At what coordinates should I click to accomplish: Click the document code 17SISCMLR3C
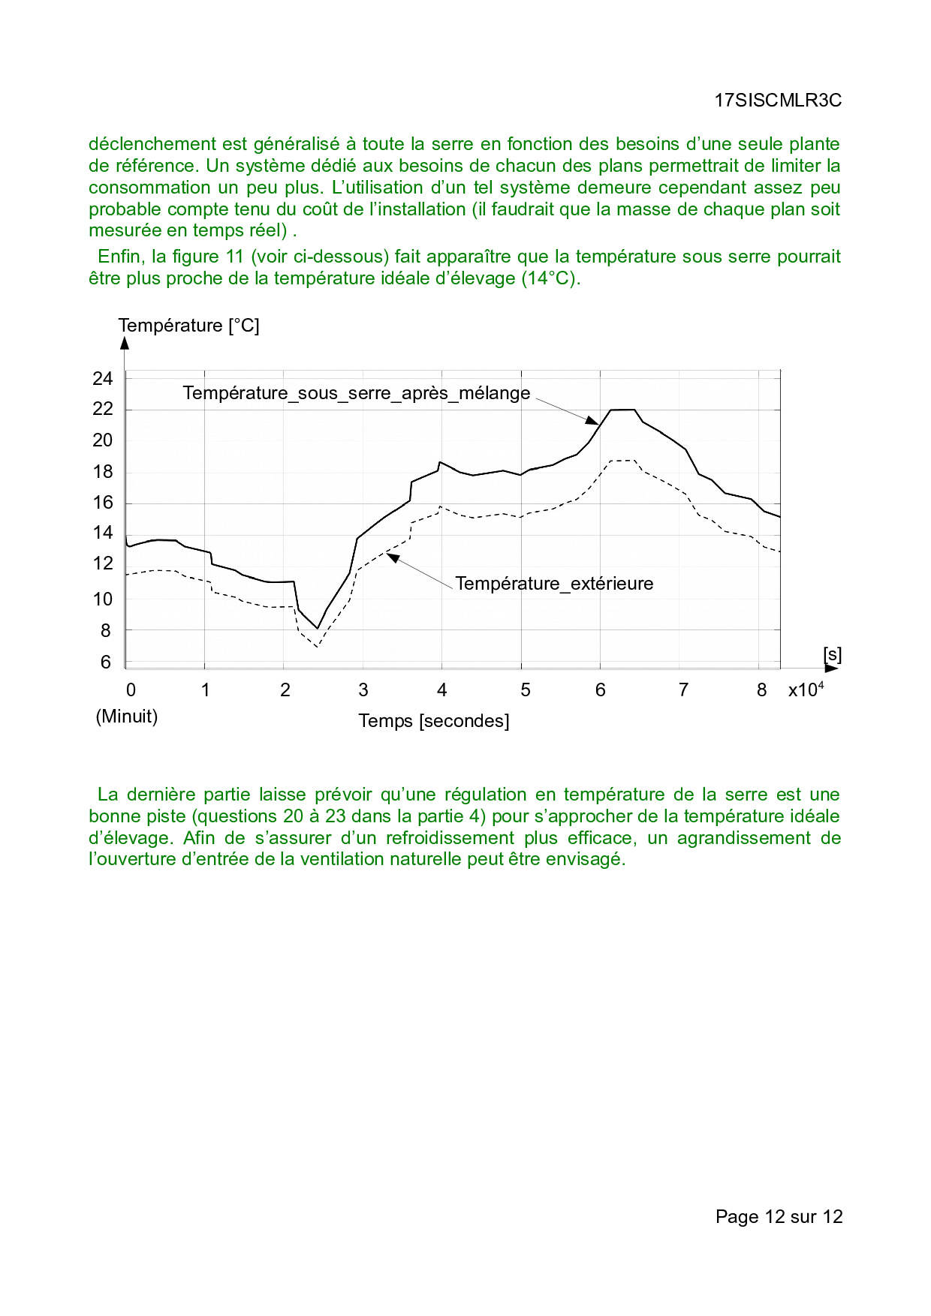[778, 101]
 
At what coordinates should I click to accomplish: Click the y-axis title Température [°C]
[188, 326]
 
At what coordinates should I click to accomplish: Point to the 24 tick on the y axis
[103, 379]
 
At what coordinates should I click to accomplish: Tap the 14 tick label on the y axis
[103, 533]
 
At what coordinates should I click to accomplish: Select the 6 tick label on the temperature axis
[106, 663]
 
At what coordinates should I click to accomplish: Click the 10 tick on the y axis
[103, 599]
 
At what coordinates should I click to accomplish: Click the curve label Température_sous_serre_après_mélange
[357, 393]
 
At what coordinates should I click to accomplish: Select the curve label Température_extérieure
[554, 584]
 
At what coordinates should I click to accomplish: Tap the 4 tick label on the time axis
[442, 690]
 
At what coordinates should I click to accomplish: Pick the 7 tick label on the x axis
[683, 690]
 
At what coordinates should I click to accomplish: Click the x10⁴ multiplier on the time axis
[806, 690]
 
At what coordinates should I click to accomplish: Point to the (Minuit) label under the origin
[127, 717]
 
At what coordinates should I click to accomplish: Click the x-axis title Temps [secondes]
[434, 721]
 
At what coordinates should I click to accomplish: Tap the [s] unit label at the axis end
[833, 655]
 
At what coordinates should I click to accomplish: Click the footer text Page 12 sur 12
[779, 1216]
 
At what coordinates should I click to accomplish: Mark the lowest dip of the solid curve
[318, 628]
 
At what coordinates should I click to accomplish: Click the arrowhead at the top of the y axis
[125, 343]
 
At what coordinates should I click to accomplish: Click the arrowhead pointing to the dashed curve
[391, 557]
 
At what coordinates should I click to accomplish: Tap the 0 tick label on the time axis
[131, 690]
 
